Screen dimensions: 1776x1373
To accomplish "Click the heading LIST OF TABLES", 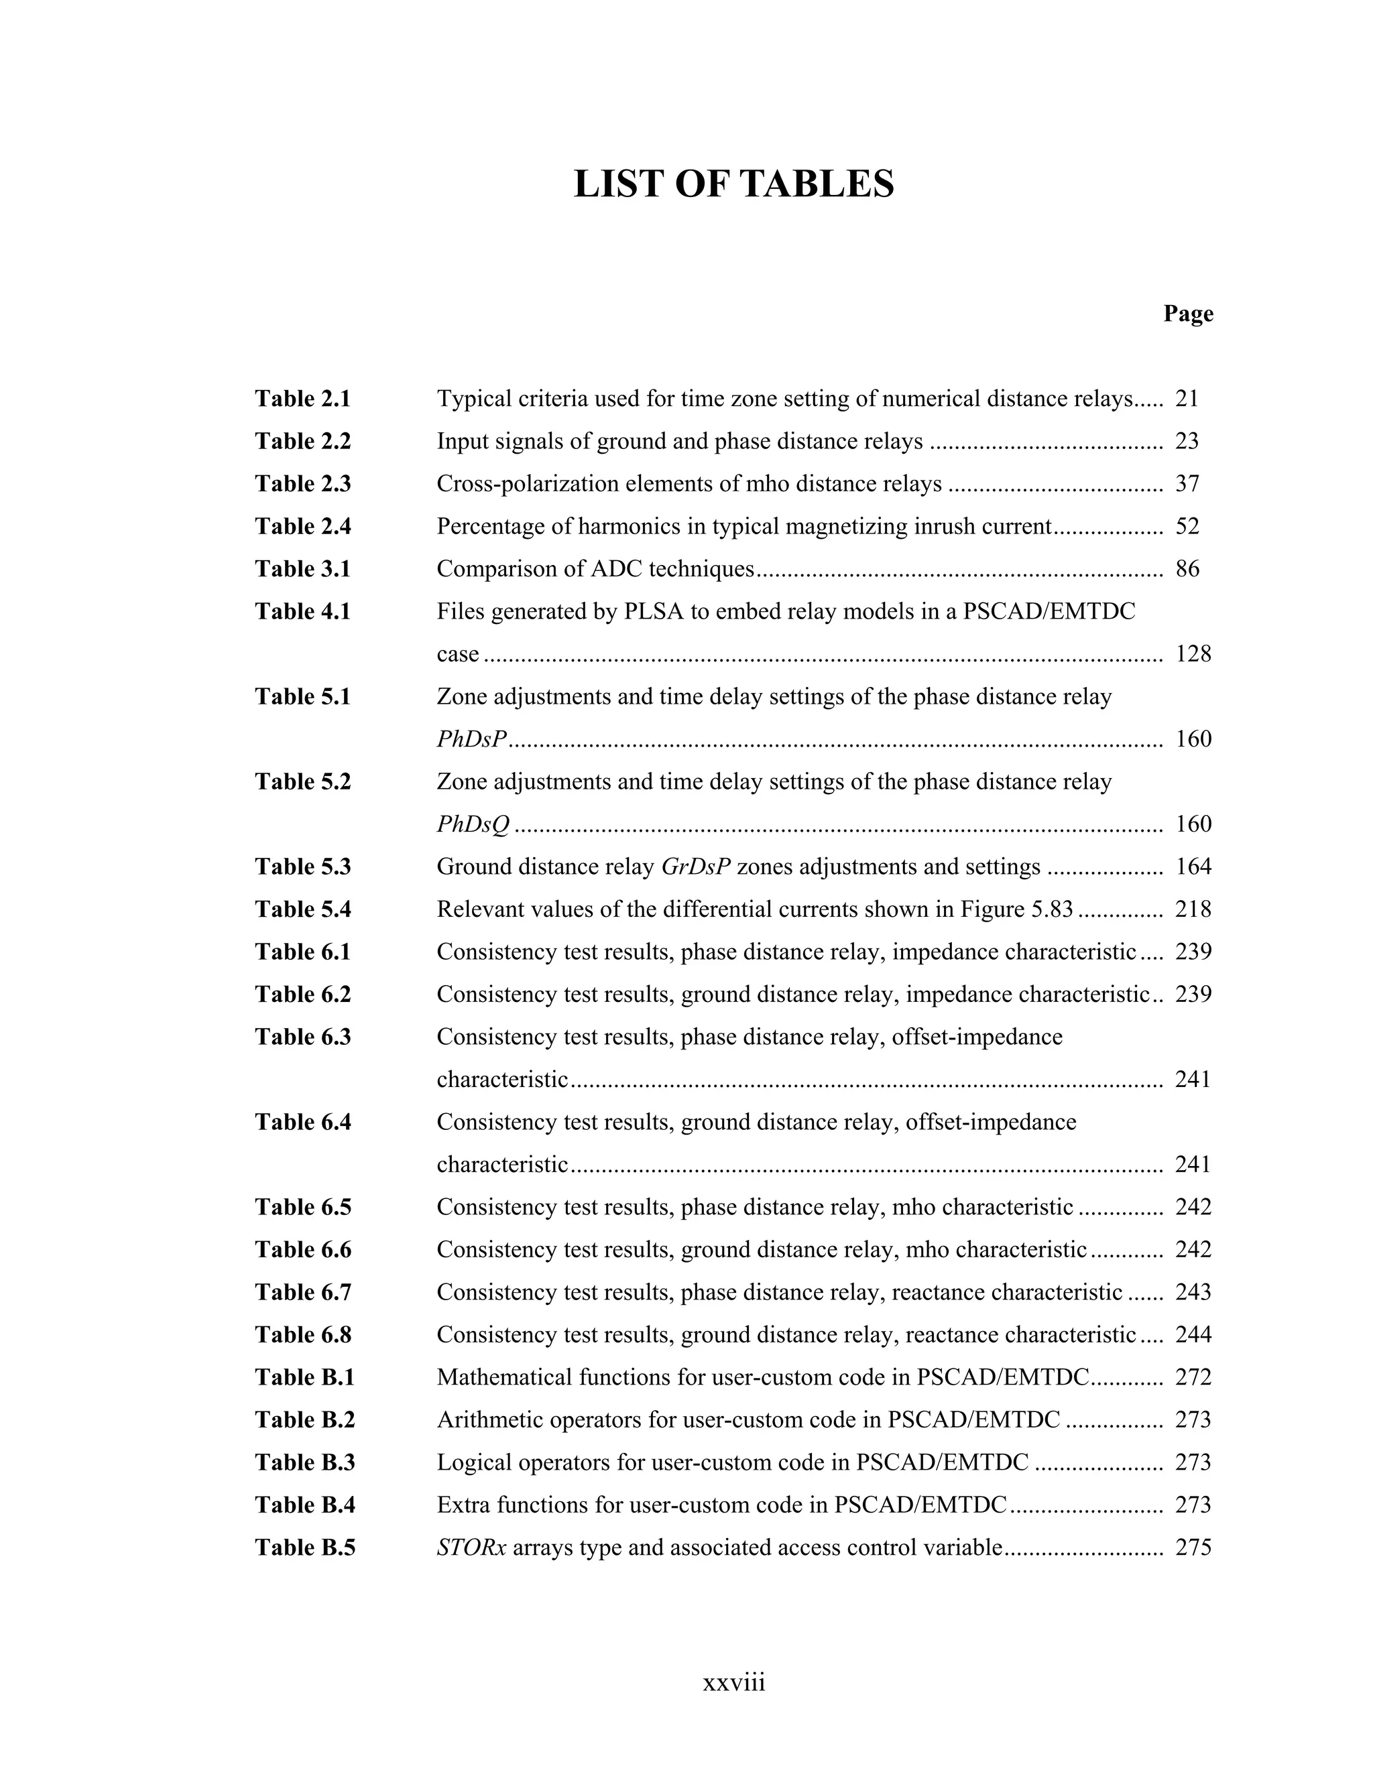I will pos(733,184).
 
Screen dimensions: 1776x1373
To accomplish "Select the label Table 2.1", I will pos(302,399).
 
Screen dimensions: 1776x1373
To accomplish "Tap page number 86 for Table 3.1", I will pos(1187,568).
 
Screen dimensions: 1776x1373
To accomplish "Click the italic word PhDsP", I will pos(472,739).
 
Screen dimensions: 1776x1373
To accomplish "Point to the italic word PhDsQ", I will pos(473,824).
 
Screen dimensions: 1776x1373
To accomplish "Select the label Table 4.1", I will pos(302,611).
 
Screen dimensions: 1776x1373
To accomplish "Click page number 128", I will pos(1193,654).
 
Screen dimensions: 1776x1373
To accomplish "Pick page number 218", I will pos(1193,909).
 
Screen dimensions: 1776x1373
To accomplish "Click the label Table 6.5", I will pos(302,1207).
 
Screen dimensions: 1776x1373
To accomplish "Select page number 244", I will pos(1193,1334).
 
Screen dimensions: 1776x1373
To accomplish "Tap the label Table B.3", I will pos(304,1462).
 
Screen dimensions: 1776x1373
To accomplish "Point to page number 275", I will pos(1193,1547).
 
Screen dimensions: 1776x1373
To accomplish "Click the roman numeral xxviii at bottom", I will pos(733,1682).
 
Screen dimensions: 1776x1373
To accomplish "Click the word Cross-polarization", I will pos(519,484).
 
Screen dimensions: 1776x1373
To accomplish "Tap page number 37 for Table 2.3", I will pos(1187,484).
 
